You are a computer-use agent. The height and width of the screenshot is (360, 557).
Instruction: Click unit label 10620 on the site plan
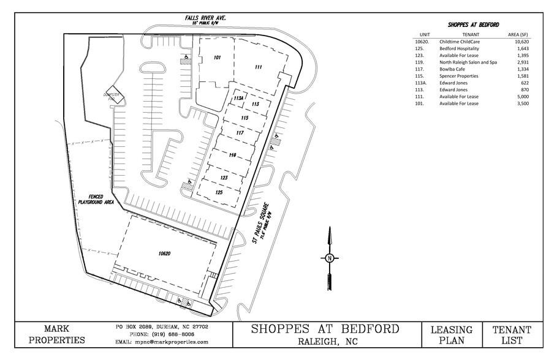coord(164,253)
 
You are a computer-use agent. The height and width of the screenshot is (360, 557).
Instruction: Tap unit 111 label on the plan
coord(259,67)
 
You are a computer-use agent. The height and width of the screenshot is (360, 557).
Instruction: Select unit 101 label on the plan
coord(217,58)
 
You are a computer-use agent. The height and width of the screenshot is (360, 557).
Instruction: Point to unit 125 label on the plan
coord(218,192)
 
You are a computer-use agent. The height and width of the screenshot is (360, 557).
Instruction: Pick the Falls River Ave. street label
coord(206,19)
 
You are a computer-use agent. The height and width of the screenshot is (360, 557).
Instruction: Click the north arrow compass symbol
coord(329,257)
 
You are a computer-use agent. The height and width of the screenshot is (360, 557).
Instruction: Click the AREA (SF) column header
coord(519,34)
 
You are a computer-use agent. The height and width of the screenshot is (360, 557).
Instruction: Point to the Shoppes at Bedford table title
coord(473,24)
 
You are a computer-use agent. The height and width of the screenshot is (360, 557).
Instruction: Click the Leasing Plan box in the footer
coord(452,335)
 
